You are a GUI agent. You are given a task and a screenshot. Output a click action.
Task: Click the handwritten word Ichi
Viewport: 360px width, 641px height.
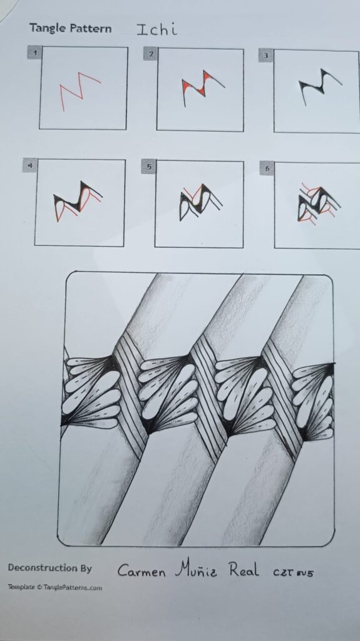157,29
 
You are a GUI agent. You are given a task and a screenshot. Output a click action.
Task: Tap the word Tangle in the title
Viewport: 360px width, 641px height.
44,29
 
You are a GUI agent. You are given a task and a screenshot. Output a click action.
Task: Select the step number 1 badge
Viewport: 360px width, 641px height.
35,53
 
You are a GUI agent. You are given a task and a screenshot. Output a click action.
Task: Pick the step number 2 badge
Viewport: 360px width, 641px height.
150,54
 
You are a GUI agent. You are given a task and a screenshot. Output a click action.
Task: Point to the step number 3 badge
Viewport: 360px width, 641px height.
266,56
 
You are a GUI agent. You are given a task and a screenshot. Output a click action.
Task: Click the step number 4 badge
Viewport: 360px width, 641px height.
29,165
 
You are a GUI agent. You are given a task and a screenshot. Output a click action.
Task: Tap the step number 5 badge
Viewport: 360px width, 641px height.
148,167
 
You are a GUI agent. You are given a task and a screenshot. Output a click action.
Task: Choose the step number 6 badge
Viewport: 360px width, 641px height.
267,168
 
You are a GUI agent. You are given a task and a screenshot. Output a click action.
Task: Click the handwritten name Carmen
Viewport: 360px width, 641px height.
141,571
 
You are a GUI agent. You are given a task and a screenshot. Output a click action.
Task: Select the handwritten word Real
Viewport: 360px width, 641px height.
244,569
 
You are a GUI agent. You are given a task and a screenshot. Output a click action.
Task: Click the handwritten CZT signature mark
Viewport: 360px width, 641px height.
293,572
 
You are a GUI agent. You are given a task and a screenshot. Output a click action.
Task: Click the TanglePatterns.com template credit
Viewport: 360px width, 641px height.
55,587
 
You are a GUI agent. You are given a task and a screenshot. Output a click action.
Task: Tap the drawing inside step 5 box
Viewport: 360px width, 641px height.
200,202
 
